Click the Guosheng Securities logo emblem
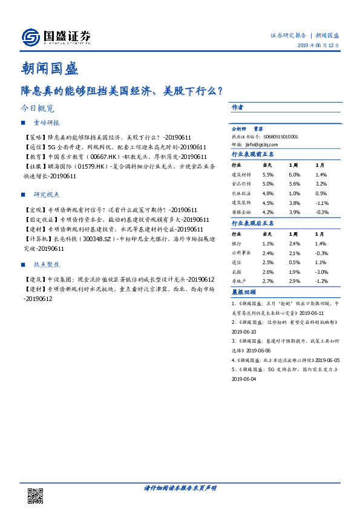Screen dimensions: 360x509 (30, 37)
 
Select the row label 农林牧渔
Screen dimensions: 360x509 (240, 193)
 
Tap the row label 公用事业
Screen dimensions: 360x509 (240, 253)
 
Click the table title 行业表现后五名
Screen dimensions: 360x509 (253, 223)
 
